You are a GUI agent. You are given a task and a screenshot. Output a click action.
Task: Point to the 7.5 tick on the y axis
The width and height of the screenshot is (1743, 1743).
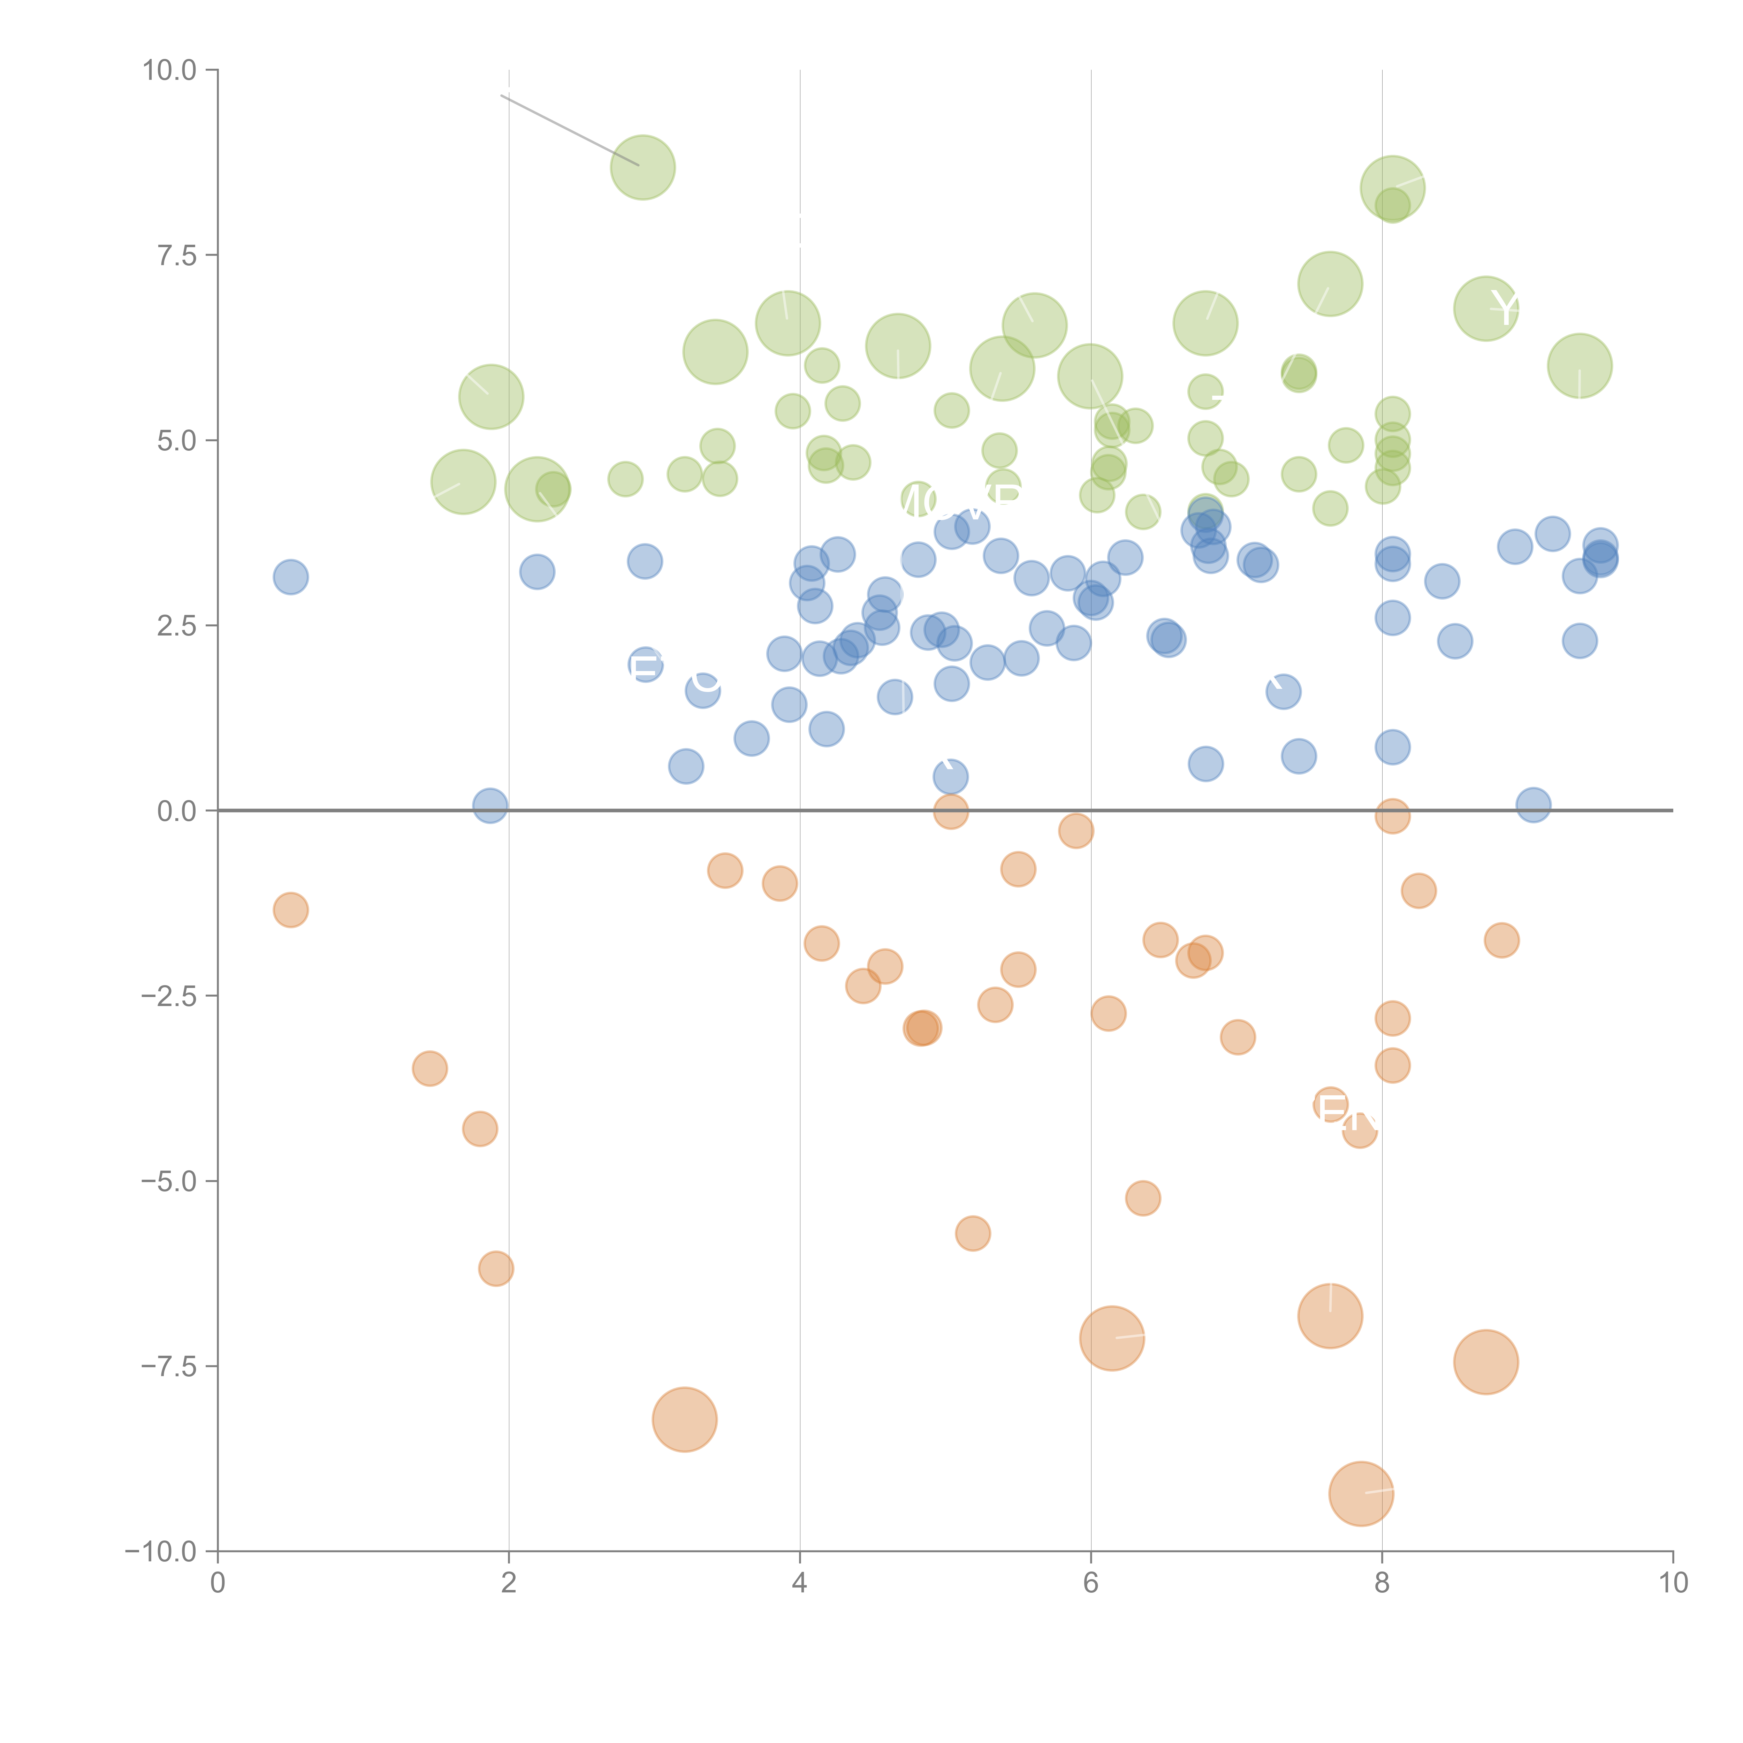click(x=177, y=255)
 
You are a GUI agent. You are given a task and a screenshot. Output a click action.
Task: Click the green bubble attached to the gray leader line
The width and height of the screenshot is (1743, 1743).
click(x=642, y=167)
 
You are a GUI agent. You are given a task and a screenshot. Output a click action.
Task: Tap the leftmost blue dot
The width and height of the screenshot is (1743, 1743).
click(x=290, y=577)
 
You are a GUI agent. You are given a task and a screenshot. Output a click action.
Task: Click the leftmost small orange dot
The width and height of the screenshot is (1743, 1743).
click(x=290, y=909)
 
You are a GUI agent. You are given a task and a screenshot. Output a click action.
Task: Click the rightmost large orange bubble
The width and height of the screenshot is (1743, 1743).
click(x=1486, y=1361)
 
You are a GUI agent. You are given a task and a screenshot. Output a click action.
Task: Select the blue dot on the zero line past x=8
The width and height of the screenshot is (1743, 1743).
click(x=1533, y=805)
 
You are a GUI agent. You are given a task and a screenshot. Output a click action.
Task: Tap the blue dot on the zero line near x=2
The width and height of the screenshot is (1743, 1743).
click(x=490, y=805)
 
